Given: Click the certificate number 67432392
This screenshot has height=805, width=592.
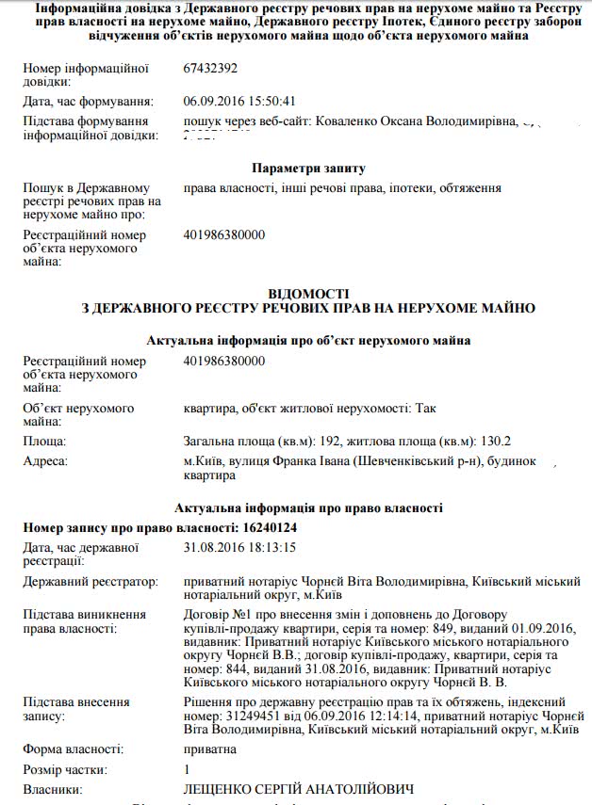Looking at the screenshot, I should click(x=210, y=69).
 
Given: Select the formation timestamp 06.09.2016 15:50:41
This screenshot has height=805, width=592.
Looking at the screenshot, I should click(x=240, y=102).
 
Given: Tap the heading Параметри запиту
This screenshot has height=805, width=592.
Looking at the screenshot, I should click(x=308, y=169).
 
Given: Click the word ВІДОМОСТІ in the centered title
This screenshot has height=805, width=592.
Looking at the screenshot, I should click(x=308, y=294).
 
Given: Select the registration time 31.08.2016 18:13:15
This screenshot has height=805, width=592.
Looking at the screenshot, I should click(x=240, y=547).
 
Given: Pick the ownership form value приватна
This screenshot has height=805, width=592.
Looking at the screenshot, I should click(x=210, y=749).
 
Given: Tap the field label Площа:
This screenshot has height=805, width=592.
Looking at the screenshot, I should click(x=44, y=441).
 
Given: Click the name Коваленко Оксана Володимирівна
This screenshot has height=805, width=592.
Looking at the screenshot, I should click(x=416, y=122).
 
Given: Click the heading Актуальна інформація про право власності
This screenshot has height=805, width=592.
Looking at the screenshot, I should click(x=308, y=508).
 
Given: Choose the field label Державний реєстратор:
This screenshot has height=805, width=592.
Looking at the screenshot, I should click(x=90, y=584).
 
